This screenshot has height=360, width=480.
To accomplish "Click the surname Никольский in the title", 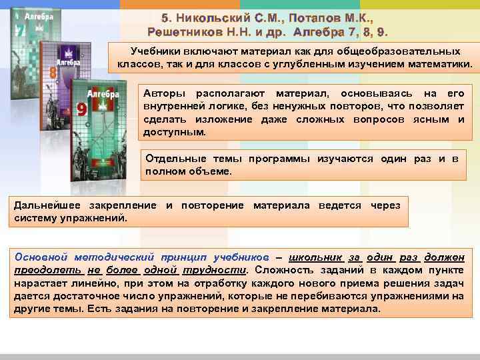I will (x=213, y=18).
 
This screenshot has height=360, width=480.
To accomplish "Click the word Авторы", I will (x=162, y=94).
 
